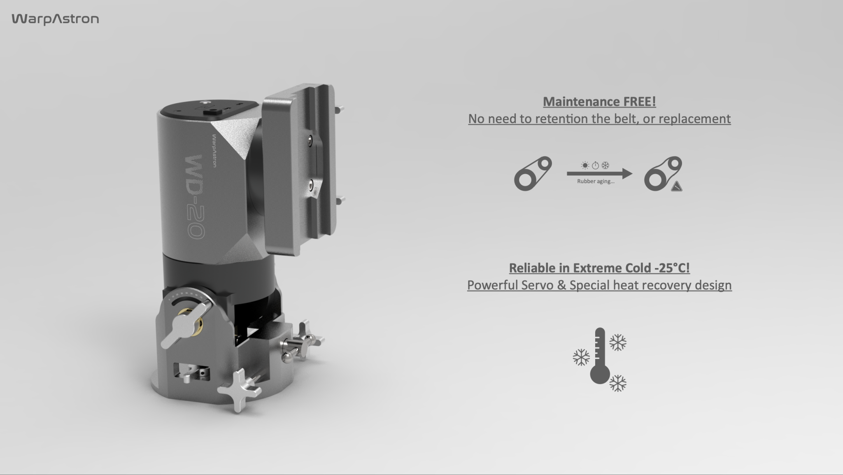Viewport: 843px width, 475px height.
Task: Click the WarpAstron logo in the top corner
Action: coord(55,19)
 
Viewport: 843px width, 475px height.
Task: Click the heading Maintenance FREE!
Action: coord(599,102)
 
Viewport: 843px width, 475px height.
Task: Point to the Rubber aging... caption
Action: coord(596,182)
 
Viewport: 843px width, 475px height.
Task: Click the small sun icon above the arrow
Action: coord(585,165)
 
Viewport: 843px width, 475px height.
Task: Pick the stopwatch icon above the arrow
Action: coord(595,165)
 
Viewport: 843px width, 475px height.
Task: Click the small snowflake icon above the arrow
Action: coord(605,165)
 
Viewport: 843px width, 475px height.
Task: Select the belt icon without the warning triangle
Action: coord(533,174)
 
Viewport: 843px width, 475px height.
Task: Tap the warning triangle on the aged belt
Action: coord(676,187)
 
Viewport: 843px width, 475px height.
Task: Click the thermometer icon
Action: coord(600,356)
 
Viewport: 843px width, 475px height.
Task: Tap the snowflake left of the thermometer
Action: coord(581,357)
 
